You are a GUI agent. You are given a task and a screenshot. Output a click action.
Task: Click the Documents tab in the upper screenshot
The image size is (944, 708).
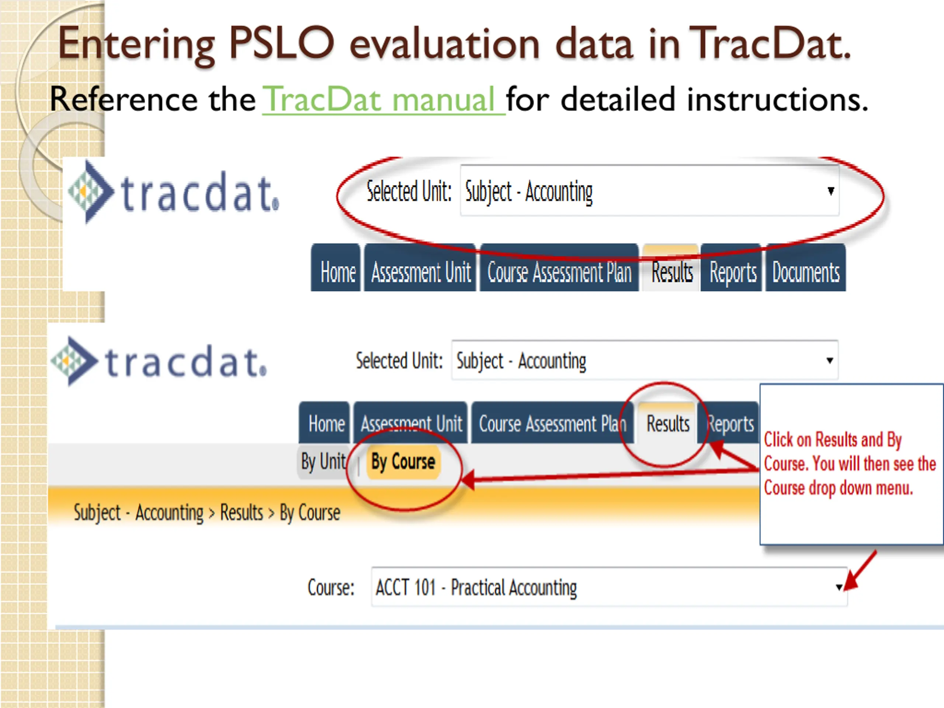coord(805,272)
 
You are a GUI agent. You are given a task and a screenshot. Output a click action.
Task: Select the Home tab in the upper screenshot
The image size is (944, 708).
coord(337,272)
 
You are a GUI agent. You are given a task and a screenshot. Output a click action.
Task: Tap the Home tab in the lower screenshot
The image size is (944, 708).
coord(326,423)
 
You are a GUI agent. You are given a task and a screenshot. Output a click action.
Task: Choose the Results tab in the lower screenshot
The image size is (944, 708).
coord(668,423)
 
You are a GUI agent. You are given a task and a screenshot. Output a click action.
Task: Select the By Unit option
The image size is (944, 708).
coord(323,461)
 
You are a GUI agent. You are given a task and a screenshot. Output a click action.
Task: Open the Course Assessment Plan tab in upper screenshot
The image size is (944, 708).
coord(559,272)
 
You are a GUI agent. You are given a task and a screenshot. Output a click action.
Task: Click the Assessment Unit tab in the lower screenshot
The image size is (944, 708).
coord(411,423)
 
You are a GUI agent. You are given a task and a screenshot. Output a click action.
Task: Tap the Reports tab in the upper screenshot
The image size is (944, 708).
coord(732,272)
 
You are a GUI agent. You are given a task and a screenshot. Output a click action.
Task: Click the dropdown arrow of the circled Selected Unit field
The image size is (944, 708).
coord(830,191)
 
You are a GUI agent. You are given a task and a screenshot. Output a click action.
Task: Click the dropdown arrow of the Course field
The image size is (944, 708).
coord(839,587)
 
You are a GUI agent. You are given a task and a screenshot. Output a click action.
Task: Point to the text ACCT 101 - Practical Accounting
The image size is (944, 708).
coord(476,587)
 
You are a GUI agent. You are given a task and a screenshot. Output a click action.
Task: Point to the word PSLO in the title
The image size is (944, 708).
coord(281,43)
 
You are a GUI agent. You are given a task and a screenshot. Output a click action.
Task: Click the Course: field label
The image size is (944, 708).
coord(331,587)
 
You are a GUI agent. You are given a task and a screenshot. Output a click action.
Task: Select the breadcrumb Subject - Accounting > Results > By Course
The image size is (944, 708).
coord(207,512)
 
